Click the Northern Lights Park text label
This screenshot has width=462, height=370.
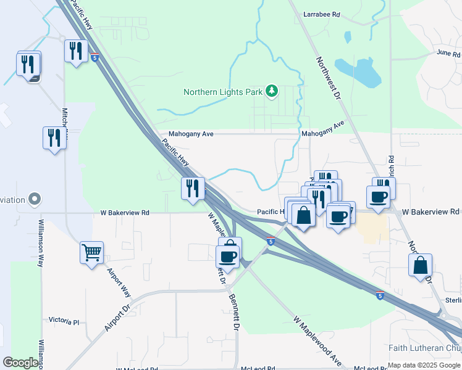[222, 92]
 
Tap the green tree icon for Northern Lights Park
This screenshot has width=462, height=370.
[271, 92]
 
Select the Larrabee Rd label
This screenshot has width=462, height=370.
[322, 14]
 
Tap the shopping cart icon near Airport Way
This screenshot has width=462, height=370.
[91, 252]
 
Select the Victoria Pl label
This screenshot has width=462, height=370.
[64, 321]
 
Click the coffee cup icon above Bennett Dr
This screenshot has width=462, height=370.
[228, 256]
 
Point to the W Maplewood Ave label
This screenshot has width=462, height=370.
[318, 341]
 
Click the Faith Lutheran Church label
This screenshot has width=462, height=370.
[424, 348]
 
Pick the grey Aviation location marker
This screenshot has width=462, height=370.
[35, 200]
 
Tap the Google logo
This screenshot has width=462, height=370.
[20, 363]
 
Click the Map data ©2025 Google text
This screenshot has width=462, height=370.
[423, 365]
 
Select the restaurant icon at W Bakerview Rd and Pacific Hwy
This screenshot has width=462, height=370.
[193, 187]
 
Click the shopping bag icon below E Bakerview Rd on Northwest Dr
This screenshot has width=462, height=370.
[420, 266]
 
